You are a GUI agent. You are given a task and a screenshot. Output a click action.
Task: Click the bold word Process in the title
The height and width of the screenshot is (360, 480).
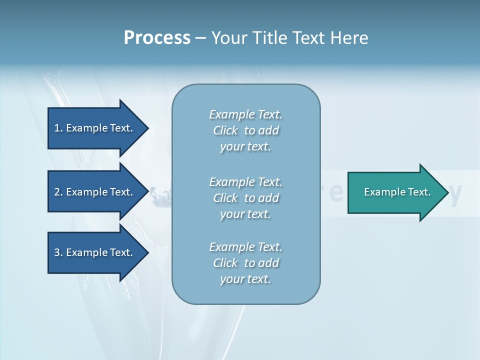(x=157, y=38)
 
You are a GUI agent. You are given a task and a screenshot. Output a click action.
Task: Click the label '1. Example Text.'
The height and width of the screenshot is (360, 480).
(x=93, y=128)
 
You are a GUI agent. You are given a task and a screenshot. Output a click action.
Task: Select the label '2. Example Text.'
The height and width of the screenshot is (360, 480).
(x=93, y=192)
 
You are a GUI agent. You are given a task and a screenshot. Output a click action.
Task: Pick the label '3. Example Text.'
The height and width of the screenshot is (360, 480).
(x=93, y=252)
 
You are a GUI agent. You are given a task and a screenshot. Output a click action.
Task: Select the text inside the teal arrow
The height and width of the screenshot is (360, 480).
(x=397, y=192)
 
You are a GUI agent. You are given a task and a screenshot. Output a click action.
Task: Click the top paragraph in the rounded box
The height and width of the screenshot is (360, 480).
(x=245, y=130)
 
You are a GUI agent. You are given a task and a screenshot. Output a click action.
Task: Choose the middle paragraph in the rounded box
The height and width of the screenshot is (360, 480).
(x=245, y=198)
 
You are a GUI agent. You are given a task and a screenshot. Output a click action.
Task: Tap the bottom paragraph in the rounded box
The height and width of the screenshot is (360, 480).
(x=245, y=263)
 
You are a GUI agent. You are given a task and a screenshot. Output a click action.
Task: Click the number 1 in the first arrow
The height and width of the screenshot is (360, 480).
(x=57, y=128)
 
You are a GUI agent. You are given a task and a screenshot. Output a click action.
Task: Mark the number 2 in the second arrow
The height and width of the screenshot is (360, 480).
(x=57, y=192)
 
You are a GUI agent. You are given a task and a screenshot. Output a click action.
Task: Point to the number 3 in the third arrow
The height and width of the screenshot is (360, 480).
(x=57, y=252)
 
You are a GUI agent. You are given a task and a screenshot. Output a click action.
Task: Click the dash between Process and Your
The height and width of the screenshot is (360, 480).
(x=201, y=38)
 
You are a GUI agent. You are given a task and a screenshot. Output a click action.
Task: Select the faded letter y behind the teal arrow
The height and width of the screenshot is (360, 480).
(x=455, y=193)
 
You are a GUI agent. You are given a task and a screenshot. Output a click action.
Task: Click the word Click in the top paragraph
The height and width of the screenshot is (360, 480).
(x=225, y=130)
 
